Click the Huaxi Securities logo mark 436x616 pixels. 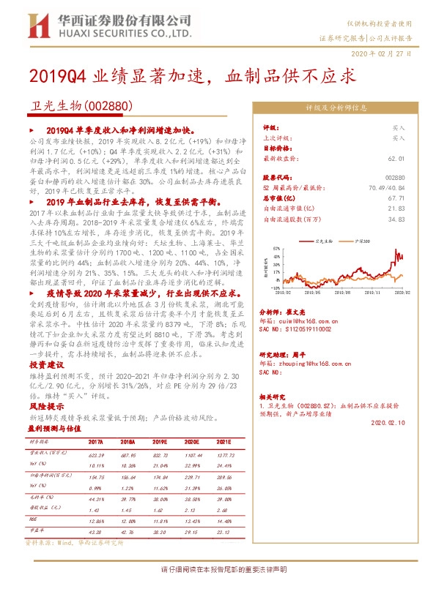[x=39, y=24]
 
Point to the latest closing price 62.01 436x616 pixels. [x=396, y=157]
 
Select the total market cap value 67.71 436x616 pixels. [x=396, y=198]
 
